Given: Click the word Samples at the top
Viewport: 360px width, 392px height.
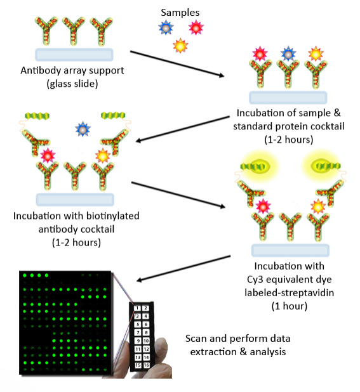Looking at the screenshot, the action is pos(180,13).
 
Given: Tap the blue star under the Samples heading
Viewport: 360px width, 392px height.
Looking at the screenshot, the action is pos(166,27).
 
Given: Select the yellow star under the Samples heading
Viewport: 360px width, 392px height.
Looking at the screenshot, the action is pos(180,46).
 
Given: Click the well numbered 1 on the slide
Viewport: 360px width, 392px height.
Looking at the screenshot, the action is pos(137,308).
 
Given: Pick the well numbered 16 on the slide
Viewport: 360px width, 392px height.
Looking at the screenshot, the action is pos(147,365).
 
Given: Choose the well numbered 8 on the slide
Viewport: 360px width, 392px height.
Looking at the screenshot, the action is pos(146,332).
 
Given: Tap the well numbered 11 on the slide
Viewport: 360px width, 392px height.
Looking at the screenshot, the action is pos(138,349).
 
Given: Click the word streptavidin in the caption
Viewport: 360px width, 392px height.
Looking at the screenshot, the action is pos(308,293).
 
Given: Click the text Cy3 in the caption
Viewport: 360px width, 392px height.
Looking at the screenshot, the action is pos(255,280).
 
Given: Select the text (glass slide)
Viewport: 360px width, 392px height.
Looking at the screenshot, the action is pos(72,84).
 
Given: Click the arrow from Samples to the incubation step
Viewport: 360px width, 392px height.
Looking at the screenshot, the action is pos(177,63).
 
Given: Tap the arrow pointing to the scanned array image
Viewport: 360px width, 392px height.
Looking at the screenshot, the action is pos(183,268).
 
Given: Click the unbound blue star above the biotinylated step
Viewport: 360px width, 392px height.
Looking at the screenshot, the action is pos(83,129).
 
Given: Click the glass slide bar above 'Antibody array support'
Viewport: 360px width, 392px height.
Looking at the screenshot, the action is pos(74,55).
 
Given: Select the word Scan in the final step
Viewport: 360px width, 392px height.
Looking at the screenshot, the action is pos(196,339).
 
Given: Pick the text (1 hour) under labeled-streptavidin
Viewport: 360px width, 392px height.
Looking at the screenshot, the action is pos(290,306).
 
